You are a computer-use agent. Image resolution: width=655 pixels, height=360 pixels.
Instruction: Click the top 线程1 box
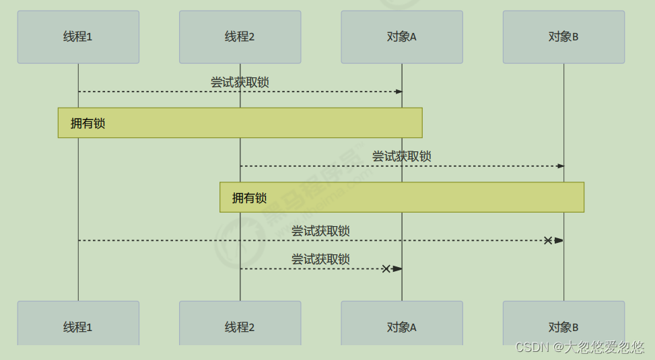pos(78,37)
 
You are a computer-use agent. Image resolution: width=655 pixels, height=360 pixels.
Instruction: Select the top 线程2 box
pos(240,37)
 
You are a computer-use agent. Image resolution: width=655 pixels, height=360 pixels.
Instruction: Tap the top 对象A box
pos(402,37)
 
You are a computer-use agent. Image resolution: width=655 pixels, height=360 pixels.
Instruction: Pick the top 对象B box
pos(563,37)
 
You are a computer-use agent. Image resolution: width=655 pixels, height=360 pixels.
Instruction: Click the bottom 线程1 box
pos(78,323)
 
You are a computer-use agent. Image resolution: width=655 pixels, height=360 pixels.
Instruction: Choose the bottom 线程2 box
pos(240,323)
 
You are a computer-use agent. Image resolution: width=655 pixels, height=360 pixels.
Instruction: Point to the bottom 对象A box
pos(402,323)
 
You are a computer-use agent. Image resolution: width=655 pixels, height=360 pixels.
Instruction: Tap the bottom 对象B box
pos(563,323)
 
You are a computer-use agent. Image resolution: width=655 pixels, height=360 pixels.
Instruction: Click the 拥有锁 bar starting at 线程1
pos(240,122)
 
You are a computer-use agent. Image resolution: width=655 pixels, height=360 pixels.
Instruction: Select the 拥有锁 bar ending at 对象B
pos(402,197)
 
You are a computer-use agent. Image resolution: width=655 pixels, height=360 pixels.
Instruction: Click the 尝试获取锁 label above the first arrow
pos(240,82)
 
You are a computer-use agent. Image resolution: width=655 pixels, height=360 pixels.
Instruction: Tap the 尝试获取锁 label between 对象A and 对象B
pos(401,157)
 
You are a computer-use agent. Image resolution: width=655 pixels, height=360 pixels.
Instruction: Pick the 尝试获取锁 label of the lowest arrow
pos(320,259)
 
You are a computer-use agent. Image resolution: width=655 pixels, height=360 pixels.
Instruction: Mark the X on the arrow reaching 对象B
pos(548,240)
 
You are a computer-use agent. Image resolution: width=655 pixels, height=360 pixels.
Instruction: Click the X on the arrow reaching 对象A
pos(386,268)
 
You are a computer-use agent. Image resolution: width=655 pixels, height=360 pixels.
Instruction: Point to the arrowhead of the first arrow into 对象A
pos(399,92)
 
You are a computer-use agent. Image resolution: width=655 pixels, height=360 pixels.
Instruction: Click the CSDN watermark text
pos(580,347)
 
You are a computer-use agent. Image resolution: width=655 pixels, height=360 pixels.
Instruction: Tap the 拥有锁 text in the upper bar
pos(88,123)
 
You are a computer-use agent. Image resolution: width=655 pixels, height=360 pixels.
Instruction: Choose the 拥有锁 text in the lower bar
pos(249,198)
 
